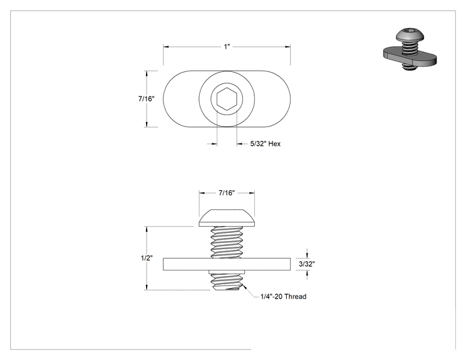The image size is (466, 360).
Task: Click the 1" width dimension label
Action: coord(227,46)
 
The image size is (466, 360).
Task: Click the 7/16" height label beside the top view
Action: coord(146,99)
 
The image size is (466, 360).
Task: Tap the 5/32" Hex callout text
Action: coord(265,144)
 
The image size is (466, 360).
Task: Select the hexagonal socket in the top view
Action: coord(227,99)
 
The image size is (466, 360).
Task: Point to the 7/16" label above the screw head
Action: coord(227,193)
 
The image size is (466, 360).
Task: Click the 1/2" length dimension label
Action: coord(147,258)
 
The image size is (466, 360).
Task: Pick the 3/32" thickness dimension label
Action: coord(307,264)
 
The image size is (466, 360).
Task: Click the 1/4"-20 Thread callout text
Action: coord(283,296)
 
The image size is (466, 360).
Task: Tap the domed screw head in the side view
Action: coord(227,218)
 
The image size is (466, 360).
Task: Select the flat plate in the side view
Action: coord(227,264)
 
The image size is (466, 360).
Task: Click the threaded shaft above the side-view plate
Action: coord(227,242)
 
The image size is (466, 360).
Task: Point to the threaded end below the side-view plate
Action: coord(227,281)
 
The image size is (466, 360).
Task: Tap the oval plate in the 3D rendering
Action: coord(410,58)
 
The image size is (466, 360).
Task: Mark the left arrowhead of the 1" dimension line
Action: coord(166,46)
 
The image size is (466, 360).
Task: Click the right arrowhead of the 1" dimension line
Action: coord(287,46)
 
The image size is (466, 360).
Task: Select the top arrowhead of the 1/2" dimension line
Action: coord(146,229)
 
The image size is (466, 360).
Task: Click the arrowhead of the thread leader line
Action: coord(245,287)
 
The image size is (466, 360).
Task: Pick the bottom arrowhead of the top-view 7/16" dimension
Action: coord(146,124)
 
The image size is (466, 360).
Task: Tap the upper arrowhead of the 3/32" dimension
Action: coord(307,255)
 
